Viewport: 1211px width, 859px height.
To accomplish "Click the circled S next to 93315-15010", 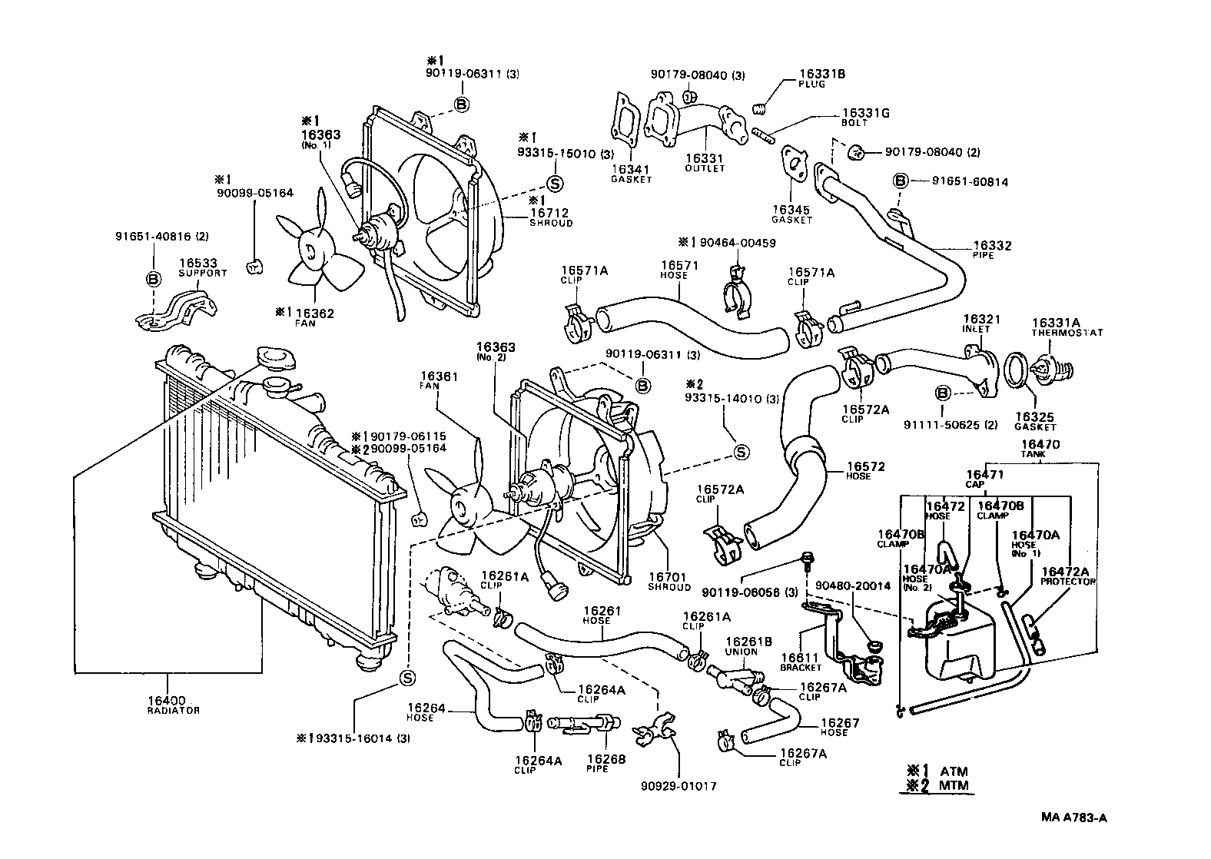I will click(556, 182).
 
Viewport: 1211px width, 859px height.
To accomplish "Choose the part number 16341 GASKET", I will click(631, 173).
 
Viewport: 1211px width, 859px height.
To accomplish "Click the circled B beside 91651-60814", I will click(900, 181).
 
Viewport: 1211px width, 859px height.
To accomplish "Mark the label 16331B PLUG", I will click(822, 78).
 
